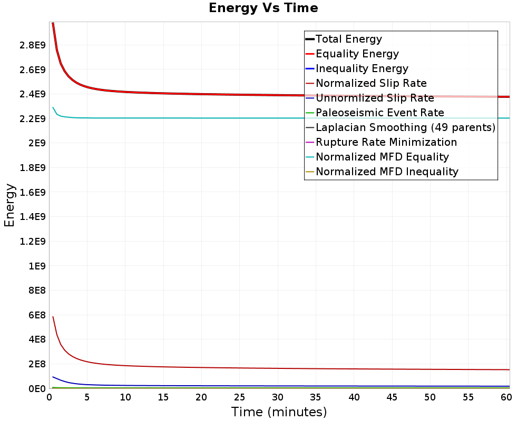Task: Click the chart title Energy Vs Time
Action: (263, 8)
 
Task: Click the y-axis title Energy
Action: (9, 205)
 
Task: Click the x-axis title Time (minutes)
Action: (279, 412)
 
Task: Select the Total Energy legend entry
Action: (348, 39)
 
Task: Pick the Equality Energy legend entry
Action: (357, 54)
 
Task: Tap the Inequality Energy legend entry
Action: (362, 68)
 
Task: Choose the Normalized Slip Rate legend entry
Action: (371, 83)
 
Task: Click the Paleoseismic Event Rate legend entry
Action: (379, 113)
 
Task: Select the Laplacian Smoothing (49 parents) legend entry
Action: (405, 127)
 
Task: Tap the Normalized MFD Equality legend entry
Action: (382, 157)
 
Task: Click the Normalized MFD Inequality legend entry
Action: (387, 172)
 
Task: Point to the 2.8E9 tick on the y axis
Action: (33, 45)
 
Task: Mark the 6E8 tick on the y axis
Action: (37, 315)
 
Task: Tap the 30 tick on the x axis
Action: (278, 397)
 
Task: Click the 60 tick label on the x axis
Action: (506, 397)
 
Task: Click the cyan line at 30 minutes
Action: (278, 118)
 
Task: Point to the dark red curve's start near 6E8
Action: (53, 317)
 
